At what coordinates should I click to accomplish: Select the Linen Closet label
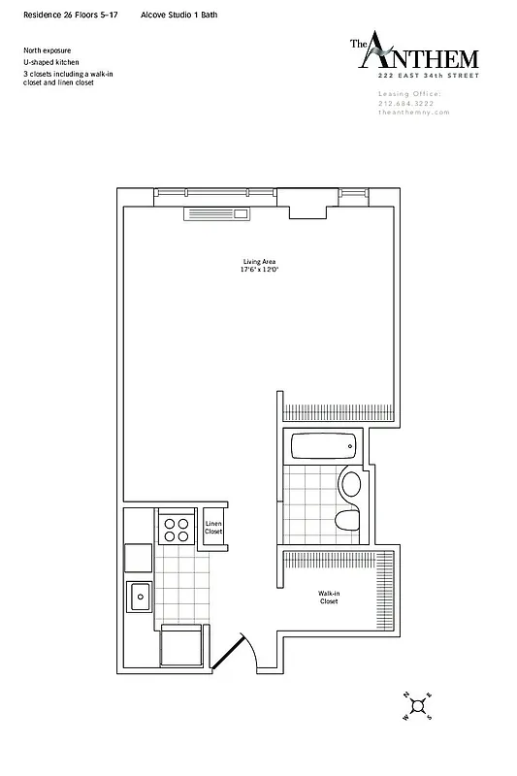(x=213, y=528)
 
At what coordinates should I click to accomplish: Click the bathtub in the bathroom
(x=323, y=447)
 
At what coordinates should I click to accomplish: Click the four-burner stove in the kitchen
(x=177, y=528)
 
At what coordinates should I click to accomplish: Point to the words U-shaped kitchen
(x=48, y=61)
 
